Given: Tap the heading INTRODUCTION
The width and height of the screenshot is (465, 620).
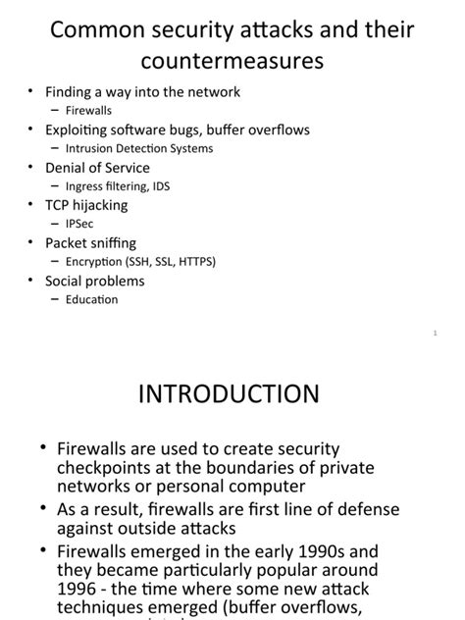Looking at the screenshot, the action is [229, 394].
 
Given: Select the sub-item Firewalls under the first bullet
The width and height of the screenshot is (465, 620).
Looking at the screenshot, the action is [88, 111].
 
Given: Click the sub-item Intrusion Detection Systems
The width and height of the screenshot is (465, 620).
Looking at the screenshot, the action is [138, 148].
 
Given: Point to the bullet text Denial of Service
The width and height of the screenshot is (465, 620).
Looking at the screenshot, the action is [97, 168].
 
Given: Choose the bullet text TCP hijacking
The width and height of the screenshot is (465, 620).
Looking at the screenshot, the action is [86, 205].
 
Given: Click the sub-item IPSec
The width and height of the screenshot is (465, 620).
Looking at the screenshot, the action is [79, 224].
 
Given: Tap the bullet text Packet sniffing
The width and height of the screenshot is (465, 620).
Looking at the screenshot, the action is [90, 242].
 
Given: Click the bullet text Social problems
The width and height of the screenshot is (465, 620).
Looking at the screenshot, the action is [94, 281].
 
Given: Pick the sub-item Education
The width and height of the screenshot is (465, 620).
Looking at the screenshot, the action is [91, 299].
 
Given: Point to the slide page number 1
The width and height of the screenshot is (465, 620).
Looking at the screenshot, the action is [434, 334].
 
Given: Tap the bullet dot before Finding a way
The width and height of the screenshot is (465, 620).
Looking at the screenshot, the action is [31, 92].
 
